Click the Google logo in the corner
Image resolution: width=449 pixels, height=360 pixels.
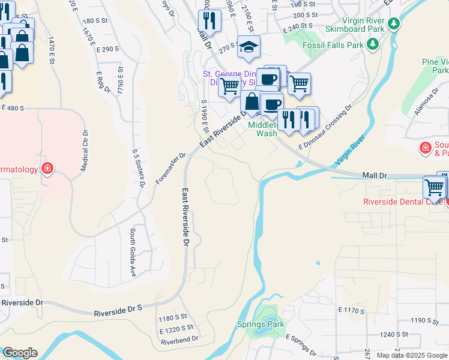pos(19,353)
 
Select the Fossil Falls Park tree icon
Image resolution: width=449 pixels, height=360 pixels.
pos(373,44)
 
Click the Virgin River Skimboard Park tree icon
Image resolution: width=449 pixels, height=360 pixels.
pos(394,24)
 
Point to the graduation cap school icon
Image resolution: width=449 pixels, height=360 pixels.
pos(247,47)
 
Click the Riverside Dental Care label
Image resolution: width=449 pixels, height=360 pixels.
pos(402,202)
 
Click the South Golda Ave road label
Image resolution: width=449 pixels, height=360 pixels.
pos(133,253)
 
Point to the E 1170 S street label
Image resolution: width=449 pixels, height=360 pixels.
pos(352,310)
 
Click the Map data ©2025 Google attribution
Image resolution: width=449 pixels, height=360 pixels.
pos(412,355)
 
